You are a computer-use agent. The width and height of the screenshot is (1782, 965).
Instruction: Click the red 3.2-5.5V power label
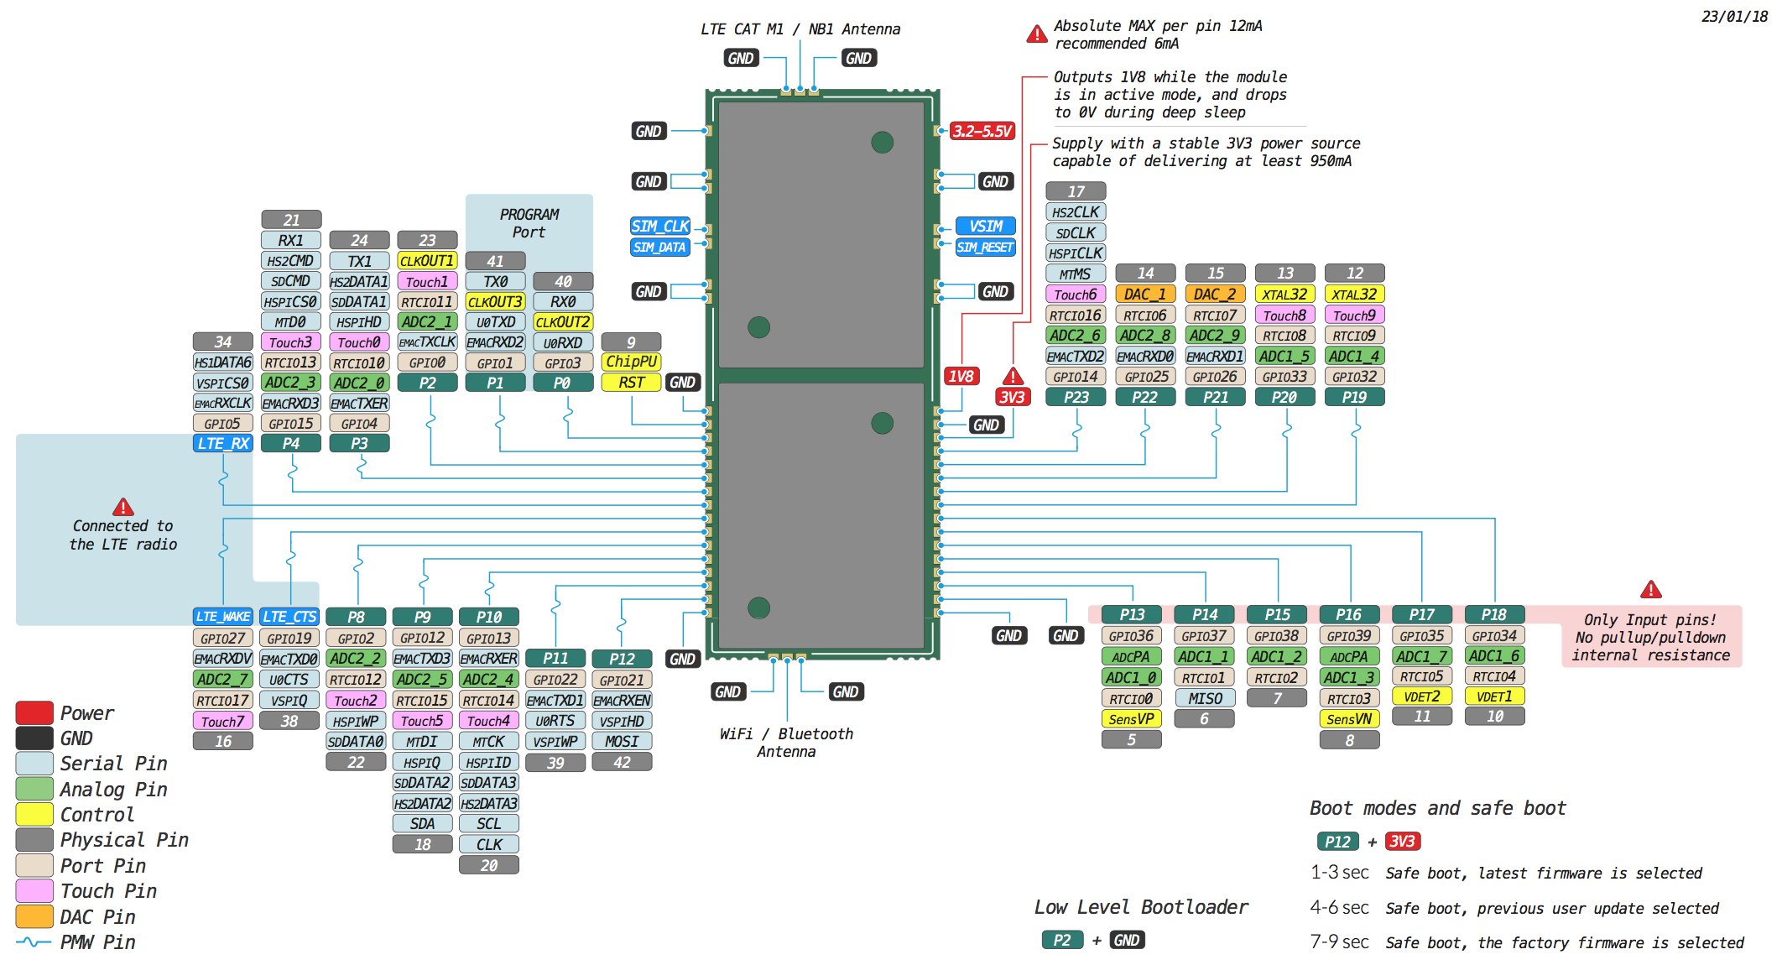tap(982, 131)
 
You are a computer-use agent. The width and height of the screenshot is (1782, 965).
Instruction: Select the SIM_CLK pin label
tap(660, 226)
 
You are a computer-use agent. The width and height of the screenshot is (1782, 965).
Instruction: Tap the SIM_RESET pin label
tap(985, 247)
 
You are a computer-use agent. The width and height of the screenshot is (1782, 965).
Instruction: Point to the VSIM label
tap(986, 226)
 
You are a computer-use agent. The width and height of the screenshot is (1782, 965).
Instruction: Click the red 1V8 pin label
tap(961, 376)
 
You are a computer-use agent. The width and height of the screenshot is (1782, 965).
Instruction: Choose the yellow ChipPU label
tap(631, 362)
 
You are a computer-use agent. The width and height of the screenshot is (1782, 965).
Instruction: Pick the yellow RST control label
tap(631, 383)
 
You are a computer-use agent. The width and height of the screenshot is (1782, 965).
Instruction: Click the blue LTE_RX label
tap(222, 443)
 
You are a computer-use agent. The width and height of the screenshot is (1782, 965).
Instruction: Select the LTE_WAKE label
tap(222, 617)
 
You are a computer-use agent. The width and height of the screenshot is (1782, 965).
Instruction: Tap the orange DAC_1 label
tap(1145, 294)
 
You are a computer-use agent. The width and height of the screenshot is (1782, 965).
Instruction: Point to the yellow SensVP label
tap(1131, 719)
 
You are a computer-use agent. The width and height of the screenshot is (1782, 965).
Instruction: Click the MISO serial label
tap(1205, 698)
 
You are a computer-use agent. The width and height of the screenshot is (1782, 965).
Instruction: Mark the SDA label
tap(422, 823)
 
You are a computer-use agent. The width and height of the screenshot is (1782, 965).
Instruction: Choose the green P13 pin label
tap(1131, 614)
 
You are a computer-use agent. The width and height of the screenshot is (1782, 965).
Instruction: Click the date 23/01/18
tap(1734, 16)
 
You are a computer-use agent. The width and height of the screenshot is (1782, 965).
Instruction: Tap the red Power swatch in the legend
tap(34, 712)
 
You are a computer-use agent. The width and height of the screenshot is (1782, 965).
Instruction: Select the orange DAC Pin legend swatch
tap(34, 916)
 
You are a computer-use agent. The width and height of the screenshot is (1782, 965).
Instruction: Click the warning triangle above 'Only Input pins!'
tap(1650, 589)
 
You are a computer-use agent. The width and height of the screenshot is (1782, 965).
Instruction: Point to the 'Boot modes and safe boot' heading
tap(1437, 808)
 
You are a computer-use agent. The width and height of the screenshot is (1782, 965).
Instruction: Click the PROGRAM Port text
tap(529, 223)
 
